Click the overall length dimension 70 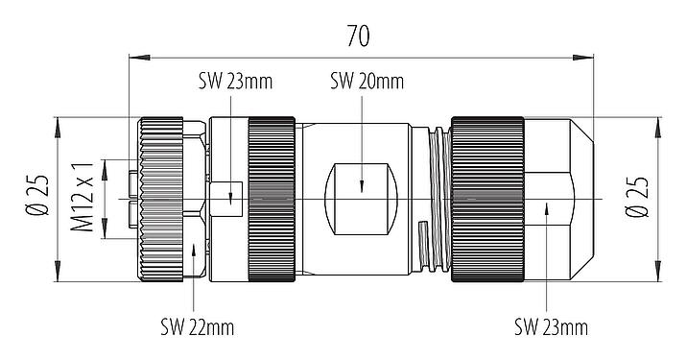[x=359, y=36]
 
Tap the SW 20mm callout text [x=366, y=82]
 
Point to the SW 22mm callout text [x=197, y=328]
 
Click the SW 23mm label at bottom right [x=550, y=328]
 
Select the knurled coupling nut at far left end [x=160, y=200]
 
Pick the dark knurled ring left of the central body [x=272, y=200]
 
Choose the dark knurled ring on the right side [x=487, y=200]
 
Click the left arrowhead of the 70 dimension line [x=132, y=58]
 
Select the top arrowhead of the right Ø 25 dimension [x=658, y=123]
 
